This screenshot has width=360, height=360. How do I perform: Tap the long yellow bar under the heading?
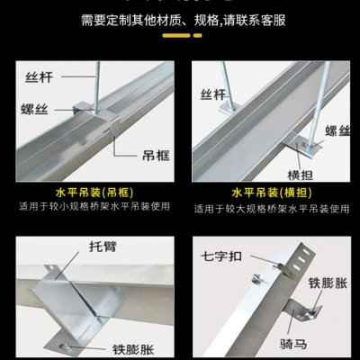pyautogui.click(x=176, y=35)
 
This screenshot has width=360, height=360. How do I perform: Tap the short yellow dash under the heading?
pyautogui.click(x=198, y=35)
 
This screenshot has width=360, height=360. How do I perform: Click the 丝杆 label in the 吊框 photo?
pyautogui.click(x=39, y=77)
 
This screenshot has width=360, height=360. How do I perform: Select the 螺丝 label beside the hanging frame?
pyautogui.click(x=34, y=110)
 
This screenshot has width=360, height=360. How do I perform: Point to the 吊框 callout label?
pyautogui.click(x=156, y=156)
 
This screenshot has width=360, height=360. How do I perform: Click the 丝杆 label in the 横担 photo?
pyautogui.click(x=213, y=94)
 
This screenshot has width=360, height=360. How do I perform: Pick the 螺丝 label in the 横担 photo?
pyautogui.click(x=337, y=131)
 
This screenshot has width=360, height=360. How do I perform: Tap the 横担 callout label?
pyautogui.click(x=301, y=175)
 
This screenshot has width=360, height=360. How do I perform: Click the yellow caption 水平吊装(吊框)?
pyautogui.click(x=94, y=193)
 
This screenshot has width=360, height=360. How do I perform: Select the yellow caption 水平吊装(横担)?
pyautogui.click(x=272, y=193)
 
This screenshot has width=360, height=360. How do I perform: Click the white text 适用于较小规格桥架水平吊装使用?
pyautogui.click(x=94, y=207)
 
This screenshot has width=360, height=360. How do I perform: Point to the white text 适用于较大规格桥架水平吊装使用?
pyautogui.click(x=272, y=208)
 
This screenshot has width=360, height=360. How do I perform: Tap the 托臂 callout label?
pyautogui.click(x=103, y=247)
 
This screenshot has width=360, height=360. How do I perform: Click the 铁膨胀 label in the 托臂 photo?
pyautogui.click(x=133, y=349)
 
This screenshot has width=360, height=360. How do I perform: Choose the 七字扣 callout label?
pyautogui.click(x=221, y=256)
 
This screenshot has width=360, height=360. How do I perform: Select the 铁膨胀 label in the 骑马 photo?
pyautogui.click(x=328, y=283)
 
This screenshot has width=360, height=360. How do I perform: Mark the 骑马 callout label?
pyautogui.click(x=293, y=344)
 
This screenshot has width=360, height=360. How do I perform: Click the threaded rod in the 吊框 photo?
pyautogui.click(x=97, y=87)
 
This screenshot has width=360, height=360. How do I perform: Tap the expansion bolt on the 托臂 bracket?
pyautogui.click(x=65, y=347)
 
